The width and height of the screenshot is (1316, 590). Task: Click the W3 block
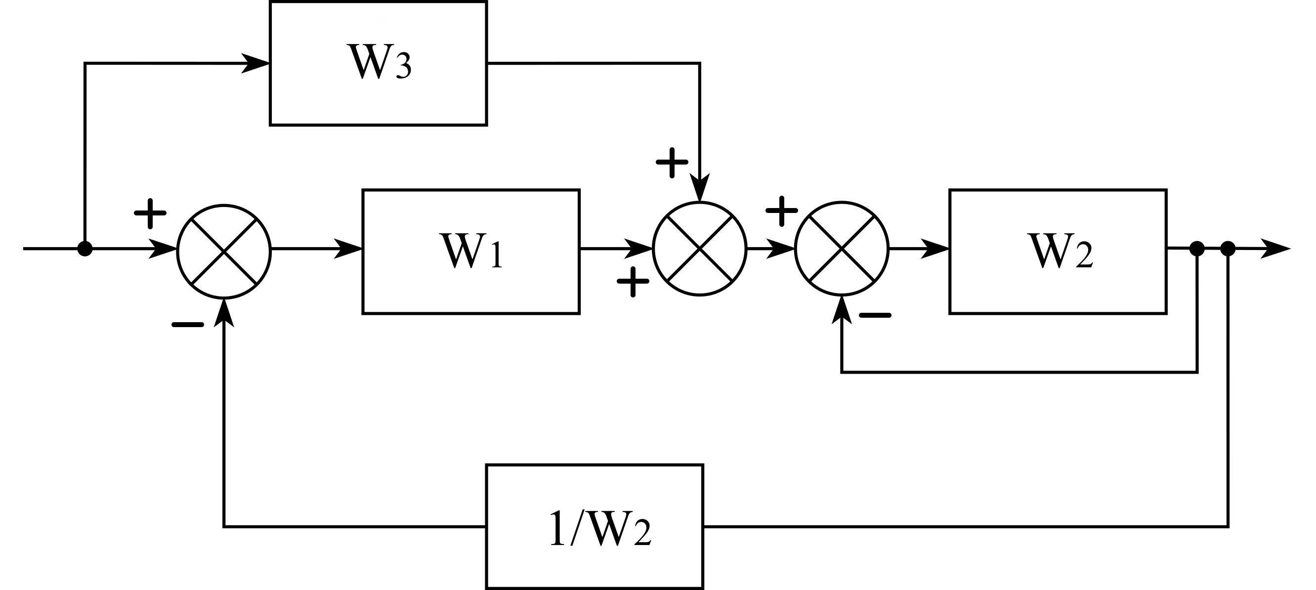(378, 63)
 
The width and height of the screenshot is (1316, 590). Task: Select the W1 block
(470, 252)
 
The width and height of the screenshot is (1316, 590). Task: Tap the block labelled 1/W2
(594, 526)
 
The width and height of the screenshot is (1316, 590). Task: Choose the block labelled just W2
(1058, 252)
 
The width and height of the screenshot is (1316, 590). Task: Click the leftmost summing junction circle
(224, 252)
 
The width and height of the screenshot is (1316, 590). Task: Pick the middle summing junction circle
(699, 249)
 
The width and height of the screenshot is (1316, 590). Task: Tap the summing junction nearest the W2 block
(842, 249)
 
